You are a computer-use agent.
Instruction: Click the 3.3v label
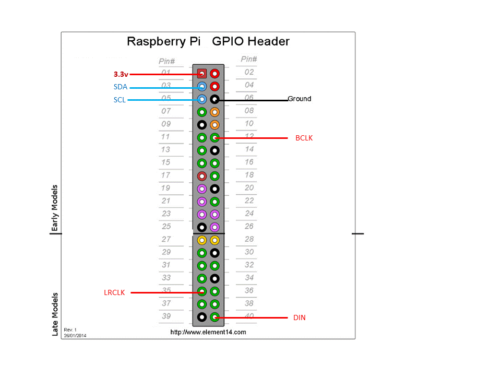click(x=121, y=74)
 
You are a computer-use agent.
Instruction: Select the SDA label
click(x=121, y=87)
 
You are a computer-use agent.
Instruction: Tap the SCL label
click(x=120, y=100)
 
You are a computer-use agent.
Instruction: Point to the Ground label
click(x=300, y=99)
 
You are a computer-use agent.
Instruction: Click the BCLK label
click(x=304, y=138)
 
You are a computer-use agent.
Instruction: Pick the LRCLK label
click(x=114, y=292)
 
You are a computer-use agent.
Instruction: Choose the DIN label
click(x=299, y=317)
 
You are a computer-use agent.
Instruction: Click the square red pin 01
click(x=202, y=74)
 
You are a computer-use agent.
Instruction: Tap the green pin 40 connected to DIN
click(x=214, y=316)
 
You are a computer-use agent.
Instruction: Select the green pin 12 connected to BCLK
click(x=214, y=138)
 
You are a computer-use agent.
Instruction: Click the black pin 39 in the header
click(x=202, y=316)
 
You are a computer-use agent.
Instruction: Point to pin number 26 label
click(x=249, y=226)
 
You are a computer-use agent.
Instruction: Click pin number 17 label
click(x=165, y=175)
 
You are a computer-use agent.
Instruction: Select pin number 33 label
click(x=166, y=277)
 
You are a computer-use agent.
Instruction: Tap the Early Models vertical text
click(x=54, y=208)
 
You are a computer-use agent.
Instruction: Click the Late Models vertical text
click(x=55, y=313)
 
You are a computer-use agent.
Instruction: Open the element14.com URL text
click(x=208, y=332)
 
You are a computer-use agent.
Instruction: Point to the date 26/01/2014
click(x=75, y=335)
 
